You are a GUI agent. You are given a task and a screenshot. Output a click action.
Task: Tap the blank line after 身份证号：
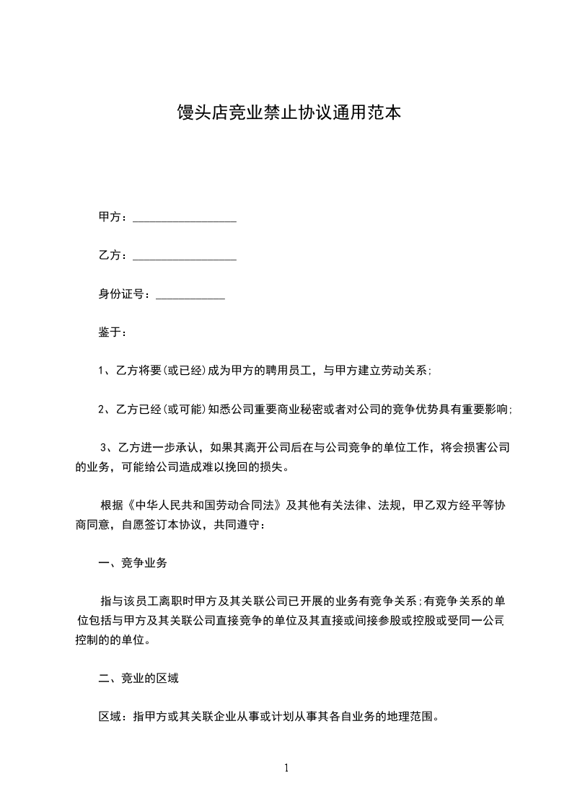coord(190,296)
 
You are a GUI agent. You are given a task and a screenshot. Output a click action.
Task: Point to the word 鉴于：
coord(113,332)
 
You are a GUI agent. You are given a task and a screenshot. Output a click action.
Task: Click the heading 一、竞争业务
coord(133,562)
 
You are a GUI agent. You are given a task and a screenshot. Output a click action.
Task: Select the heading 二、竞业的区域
coord(138,678)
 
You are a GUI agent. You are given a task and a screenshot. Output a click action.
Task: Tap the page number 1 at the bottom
coord(286,768)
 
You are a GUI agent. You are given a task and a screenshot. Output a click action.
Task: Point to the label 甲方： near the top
coord(113,218)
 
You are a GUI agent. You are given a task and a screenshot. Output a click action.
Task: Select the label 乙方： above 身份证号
coord(113,256)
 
